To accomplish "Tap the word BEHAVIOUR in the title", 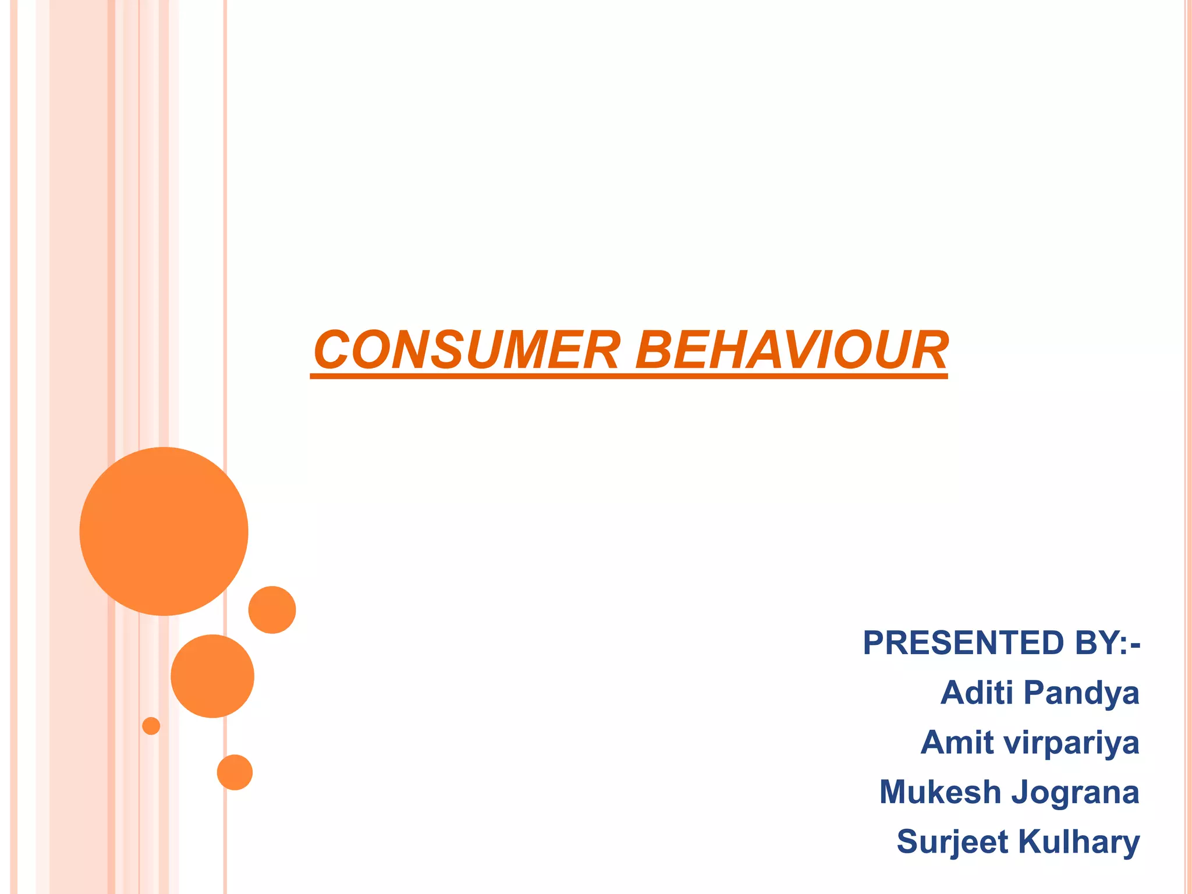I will coord(792,350).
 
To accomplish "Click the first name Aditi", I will coord(978,693).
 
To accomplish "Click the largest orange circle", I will coord(164,531).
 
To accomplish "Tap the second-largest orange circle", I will coord(212,676).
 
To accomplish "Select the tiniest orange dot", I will coord(151,726).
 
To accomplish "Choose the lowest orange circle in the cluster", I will coord(235,772).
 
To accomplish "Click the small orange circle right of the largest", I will coord(272,609).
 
